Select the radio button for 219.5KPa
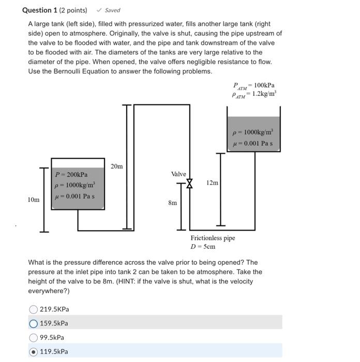pos(34,309)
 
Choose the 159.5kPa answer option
pos(34,324)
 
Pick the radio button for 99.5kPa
pos(34,338)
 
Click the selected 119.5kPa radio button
pos(34,352)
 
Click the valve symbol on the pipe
pos(189,184)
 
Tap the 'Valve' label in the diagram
pos(179,174)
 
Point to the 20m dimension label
pos(117,166)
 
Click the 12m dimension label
pos(212,183)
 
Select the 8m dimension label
pos(173,203)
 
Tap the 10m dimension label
pos(34,199)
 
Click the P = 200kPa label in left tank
pos(71,175)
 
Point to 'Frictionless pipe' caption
pos(213,238)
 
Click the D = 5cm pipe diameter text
pos(203,247)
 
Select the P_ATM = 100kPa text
pos(254,85)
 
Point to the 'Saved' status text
pos(112,10)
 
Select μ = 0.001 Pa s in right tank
pos(253,143)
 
